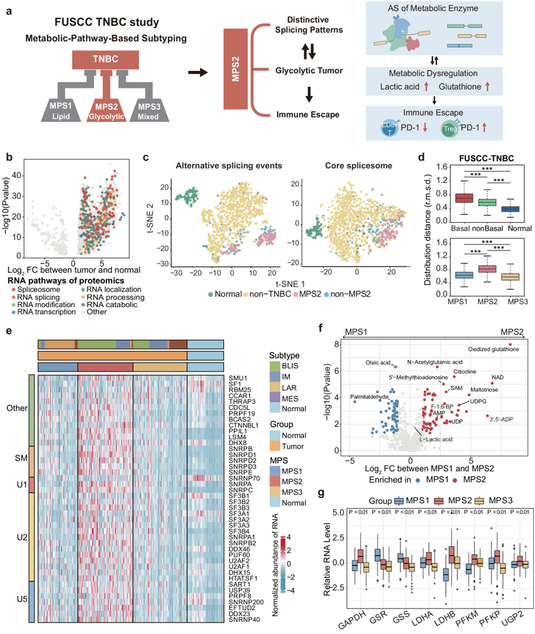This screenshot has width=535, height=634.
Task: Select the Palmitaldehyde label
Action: click(369, 397)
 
